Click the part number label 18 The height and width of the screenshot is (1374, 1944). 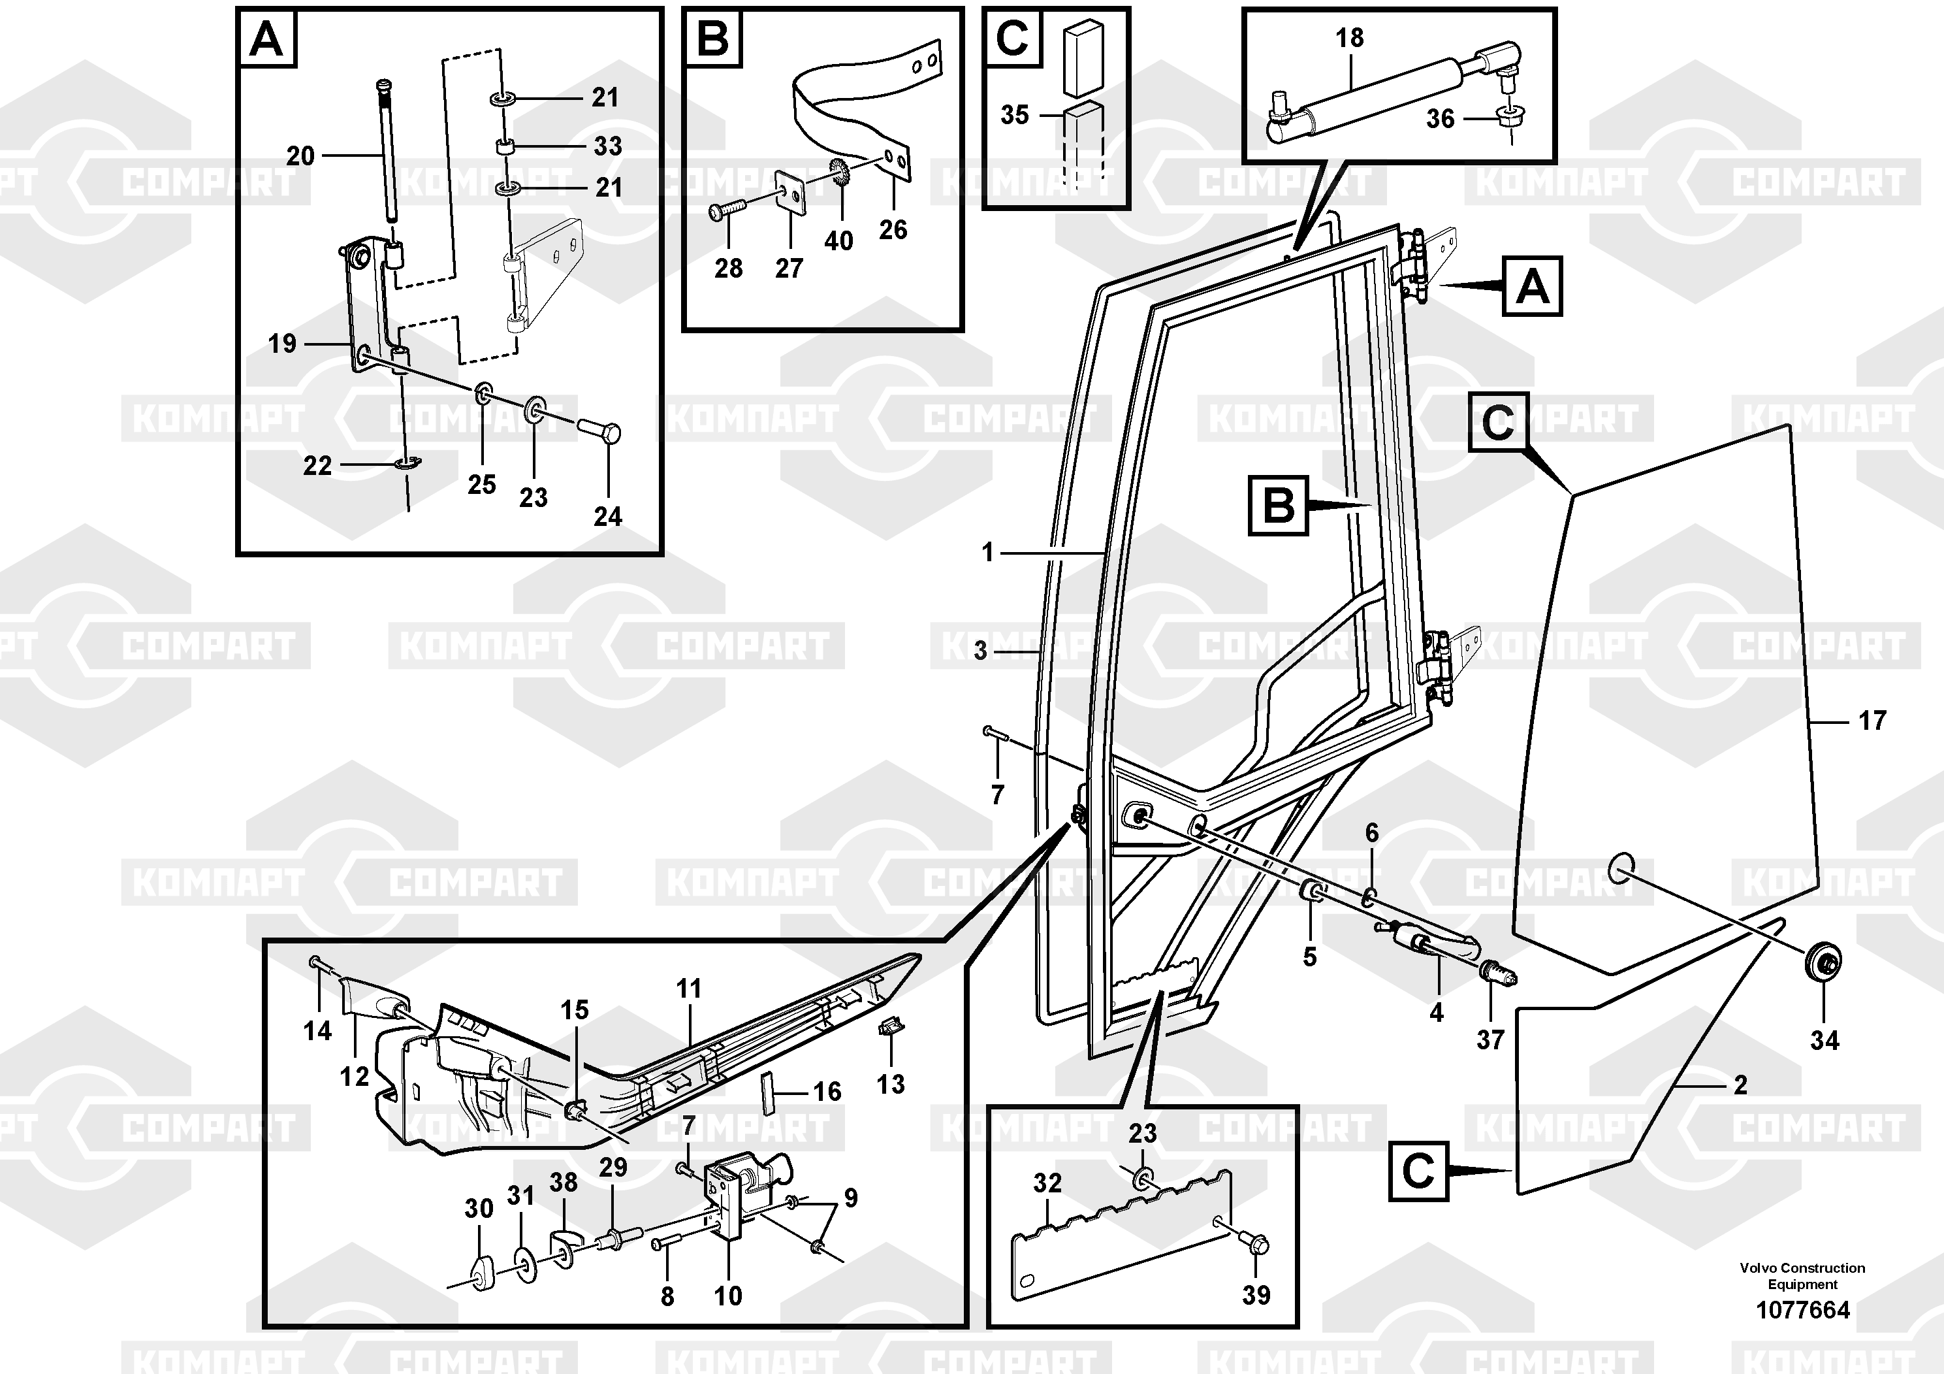1350,38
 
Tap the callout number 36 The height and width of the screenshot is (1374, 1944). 1441,119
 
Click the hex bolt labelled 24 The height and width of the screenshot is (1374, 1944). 600,432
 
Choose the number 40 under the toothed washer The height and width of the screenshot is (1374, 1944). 838,242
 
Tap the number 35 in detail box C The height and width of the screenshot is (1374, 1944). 1014,114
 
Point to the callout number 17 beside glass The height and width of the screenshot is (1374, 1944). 1872,721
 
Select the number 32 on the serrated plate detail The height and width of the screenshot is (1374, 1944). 1047,1183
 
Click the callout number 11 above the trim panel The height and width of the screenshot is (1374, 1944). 688,988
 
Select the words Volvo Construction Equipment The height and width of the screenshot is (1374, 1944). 1802,1276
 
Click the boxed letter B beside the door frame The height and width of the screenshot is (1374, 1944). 1278,506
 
